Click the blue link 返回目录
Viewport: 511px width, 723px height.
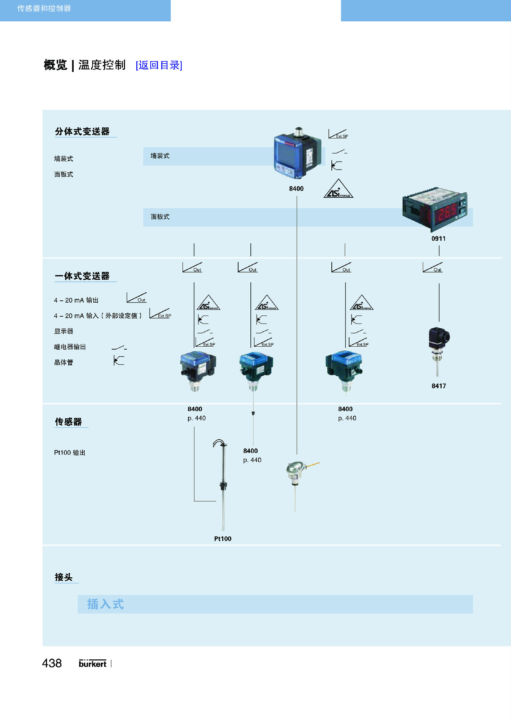(x=159, y=65)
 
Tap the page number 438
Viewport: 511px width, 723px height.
(x=52, y=663)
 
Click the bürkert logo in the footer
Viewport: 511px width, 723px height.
(x=93, y=663)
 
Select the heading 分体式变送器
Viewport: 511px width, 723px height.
(x=82, y=132)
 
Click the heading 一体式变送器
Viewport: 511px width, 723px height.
(x=82, y=276)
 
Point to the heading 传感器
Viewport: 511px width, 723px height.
(x=68, y=422)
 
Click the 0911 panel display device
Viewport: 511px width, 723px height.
(x=435, y=209)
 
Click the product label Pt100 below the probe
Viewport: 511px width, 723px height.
(x=223, y=539)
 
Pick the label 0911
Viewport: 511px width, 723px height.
(x=438, y=239)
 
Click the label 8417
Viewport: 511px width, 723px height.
(x=439, y=386)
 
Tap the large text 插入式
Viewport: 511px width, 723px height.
(x=106, y=604)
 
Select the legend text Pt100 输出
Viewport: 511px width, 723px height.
(x=70, y=453)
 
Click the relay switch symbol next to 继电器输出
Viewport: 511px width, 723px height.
(x=119, y=347)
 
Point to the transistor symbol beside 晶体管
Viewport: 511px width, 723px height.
(x=119, y=360)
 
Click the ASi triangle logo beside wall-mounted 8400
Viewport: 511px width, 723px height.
(x=338, y=189)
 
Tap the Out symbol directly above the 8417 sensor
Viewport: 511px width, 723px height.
(x=433, y=268)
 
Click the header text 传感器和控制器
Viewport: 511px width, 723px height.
(x=44, y=8)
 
